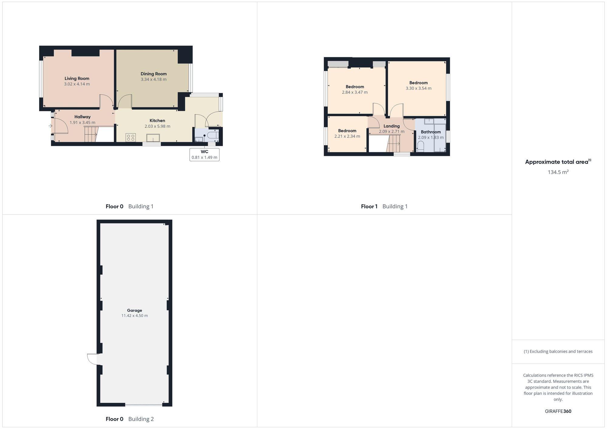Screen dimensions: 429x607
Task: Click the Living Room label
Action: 77,79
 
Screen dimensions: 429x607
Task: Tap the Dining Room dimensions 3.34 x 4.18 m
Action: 154,79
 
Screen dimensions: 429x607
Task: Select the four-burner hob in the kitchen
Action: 131,138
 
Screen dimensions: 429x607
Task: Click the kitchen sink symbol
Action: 153,138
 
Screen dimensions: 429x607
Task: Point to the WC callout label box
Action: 204,155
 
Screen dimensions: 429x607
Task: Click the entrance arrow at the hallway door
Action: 50,126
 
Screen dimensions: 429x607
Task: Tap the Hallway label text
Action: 83,117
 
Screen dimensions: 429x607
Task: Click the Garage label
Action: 134,310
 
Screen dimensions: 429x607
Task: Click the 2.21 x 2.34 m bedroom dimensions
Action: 347,136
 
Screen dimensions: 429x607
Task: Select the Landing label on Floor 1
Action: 392,126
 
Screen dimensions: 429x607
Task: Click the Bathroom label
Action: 431,132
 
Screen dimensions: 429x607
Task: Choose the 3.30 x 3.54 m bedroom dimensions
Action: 419,89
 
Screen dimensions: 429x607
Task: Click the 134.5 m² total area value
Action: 558,172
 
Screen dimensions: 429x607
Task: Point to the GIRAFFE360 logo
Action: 558,411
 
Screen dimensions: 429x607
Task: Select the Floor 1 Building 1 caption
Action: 384,206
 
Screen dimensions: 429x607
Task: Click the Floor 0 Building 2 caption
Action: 130,419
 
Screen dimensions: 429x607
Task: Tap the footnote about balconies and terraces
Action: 558,351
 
